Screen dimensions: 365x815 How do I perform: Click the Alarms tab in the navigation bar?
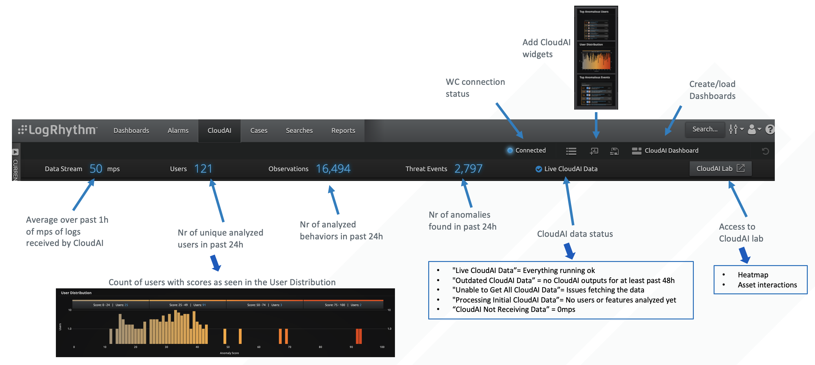[178, 130]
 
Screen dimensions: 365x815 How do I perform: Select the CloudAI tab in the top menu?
[219, 130]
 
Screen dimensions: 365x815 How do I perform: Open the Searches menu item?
[299, 130]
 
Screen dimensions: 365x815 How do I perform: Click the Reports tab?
[343, 130]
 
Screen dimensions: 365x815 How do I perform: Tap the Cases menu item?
[258, 130]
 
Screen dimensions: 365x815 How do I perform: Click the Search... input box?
[704, 129]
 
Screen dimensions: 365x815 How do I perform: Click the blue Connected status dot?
[510, 150]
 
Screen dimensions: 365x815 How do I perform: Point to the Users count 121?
[203, 169]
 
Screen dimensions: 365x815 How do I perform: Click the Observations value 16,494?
[333, 169]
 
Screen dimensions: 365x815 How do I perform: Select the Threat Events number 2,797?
[468, 169]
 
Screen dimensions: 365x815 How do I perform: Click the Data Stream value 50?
[95, 169]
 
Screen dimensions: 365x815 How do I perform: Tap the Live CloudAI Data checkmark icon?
[538, 169]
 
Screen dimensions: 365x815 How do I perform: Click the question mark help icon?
[769, 129]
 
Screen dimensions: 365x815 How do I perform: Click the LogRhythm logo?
[58, 130]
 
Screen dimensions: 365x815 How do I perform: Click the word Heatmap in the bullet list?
[753, 275]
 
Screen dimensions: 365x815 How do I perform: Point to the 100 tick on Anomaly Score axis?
[382, 347]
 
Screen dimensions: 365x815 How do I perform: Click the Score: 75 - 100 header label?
[335, 305]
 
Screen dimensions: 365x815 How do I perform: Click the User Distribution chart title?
[76, 293]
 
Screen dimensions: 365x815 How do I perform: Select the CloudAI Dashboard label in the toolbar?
[671, 151]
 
